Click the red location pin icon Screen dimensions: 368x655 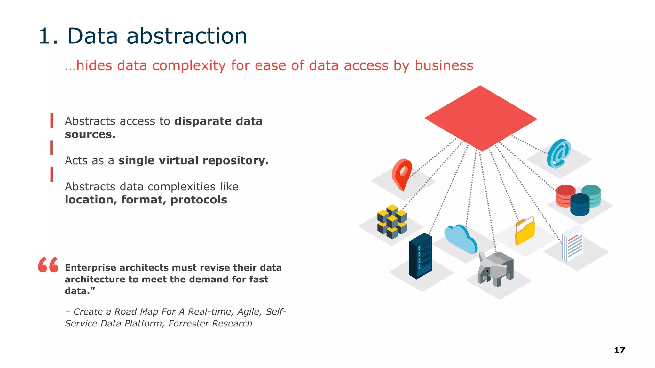(x=402, y=174)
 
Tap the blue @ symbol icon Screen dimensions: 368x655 (x=559, y=154)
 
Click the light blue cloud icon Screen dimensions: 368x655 (x=461, y=239)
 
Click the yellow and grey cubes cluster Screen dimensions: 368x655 (x=392, y=222)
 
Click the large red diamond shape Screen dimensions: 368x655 (x=481, y=118)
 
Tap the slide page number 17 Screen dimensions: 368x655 (x=619, y=350)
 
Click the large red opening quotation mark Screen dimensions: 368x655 (x=48, y=265)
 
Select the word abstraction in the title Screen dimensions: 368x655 (x=187, y=36)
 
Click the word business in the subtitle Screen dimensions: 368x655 (x=444, y=65)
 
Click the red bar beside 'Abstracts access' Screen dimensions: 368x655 (x=51, y=120)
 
